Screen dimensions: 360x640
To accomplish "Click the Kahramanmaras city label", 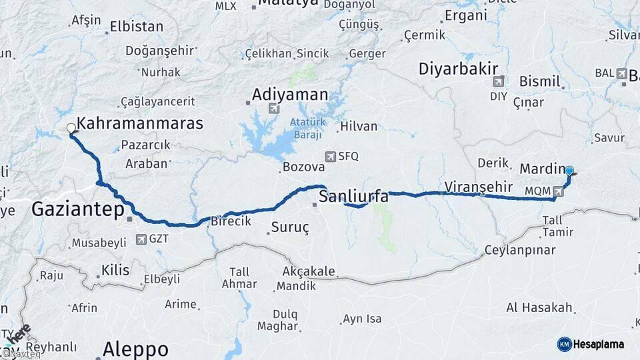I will coord(140,123).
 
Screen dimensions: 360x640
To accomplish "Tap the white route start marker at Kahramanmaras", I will coord(71,129).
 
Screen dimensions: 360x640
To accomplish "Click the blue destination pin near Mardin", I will coord(569,171).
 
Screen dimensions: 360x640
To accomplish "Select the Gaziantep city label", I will coord(78,211).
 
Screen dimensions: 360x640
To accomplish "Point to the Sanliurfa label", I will coord(353,197).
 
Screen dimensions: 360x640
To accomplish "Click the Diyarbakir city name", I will coord(459,69).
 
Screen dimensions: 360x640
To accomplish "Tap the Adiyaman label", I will coord(290,95).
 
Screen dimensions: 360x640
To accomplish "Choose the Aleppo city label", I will coord(135,350).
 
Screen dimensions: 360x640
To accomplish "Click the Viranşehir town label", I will coord(478,186).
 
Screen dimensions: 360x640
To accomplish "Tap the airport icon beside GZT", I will coord(141,239).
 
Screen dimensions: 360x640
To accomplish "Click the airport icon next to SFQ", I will coord(330,156).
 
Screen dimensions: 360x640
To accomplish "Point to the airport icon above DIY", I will coord(497,82).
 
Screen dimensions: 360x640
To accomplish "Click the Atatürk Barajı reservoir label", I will coord(306,129).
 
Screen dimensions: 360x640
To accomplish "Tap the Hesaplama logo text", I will coord(599,344).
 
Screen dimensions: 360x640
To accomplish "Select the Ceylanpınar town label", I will coord(520,250).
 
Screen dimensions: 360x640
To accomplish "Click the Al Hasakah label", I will coord(539,307).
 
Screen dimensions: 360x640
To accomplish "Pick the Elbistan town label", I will coord(136,27).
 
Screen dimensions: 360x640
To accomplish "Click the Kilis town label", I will coord(115,270).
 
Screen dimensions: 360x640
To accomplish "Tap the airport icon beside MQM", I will coord(557,192).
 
